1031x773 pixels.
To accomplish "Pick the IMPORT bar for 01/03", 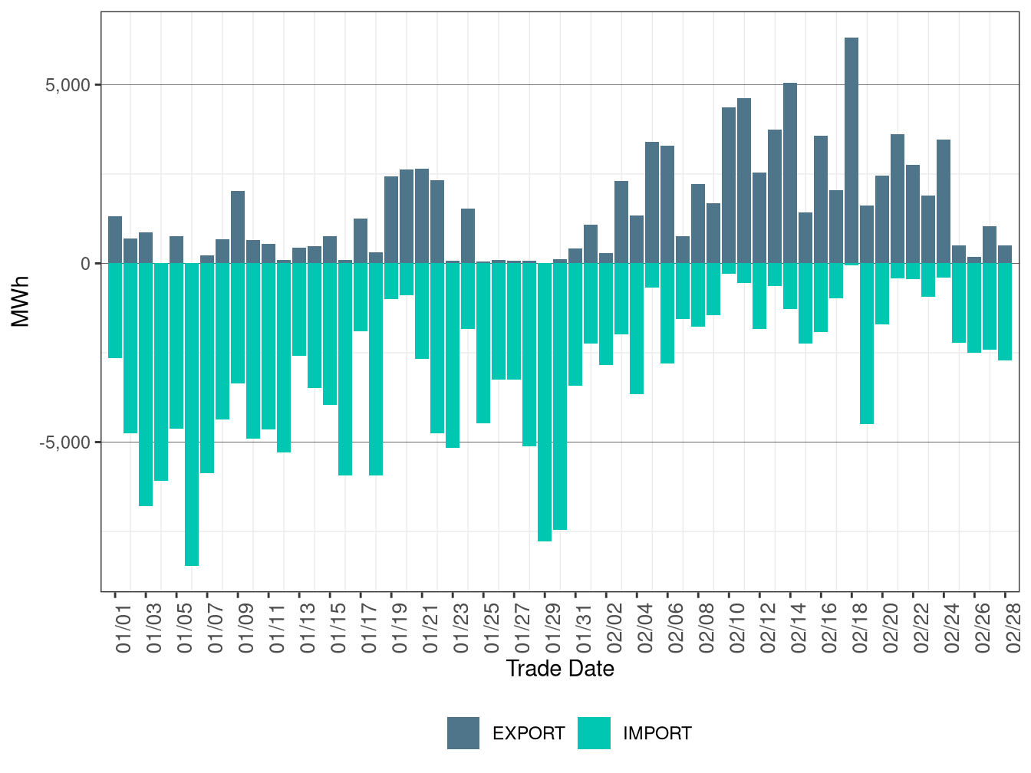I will tap(146, 384).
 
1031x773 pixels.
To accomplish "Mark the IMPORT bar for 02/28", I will tap(1005, 311).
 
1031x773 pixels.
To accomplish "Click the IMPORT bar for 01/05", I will tap(176, 346).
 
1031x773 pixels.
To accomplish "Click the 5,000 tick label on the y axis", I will tap(68, 85).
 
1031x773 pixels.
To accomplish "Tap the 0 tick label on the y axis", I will tap(86, 264).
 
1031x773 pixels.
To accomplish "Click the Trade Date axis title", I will tap(560, 669).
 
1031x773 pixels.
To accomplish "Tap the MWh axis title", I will tap(21, 301).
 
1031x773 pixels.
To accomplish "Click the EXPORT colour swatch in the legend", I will tap(463, 733).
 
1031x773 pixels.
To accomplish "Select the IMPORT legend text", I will tap(657, 734).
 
